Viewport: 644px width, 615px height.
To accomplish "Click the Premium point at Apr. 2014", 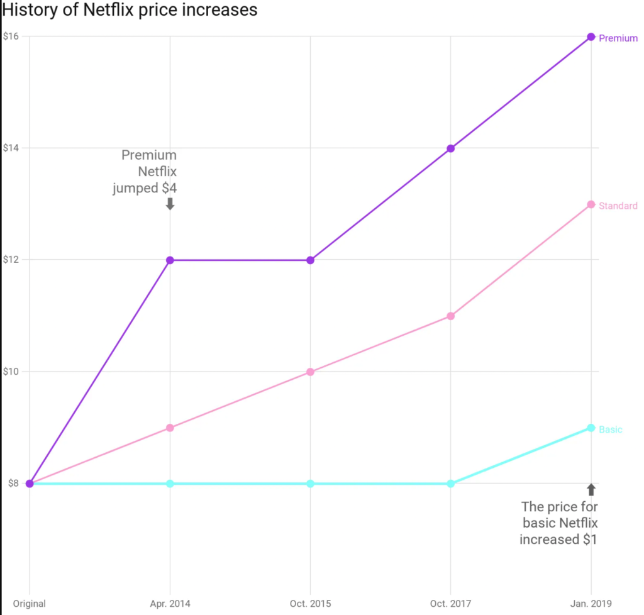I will coord(170,260).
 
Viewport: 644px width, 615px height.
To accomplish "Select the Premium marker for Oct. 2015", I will coord(310,260).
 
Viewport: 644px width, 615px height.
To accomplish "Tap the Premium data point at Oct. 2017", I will coord(451,148).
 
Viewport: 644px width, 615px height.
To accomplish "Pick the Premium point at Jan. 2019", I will coord(591,36).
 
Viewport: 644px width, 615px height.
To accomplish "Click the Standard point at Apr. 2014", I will coord(170,428).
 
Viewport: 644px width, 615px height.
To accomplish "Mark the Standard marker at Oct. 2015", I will coord(310,372).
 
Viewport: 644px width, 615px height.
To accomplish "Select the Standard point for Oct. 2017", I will coord(451,316).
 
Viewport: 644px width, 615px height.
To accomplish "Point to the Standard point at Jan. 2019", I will coord(591,204).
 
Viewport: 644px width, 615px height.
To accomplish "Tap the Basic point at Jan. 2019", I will coord(591,428).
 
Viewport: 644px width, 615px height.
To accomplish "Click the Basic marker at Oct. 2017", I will coord(451,484).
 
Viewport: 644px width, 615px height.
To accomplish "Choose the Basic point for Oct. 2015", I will coord(310,484).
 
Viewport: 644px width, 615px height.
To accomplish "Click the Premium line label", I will coord(618,38).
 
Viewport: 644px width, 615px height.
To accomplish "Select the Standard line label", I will coord(618,206).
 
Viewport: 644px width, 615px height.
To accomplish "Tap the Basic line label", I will coord(611,430).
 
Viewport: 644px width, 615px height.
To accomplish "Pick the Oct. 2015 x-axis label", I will coord(310,604).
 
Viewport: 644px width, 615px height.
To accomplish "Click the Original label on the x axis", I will coord(29,604).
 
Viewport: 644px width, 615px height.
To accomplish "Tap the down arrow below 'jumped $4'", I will coord(170,204).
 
